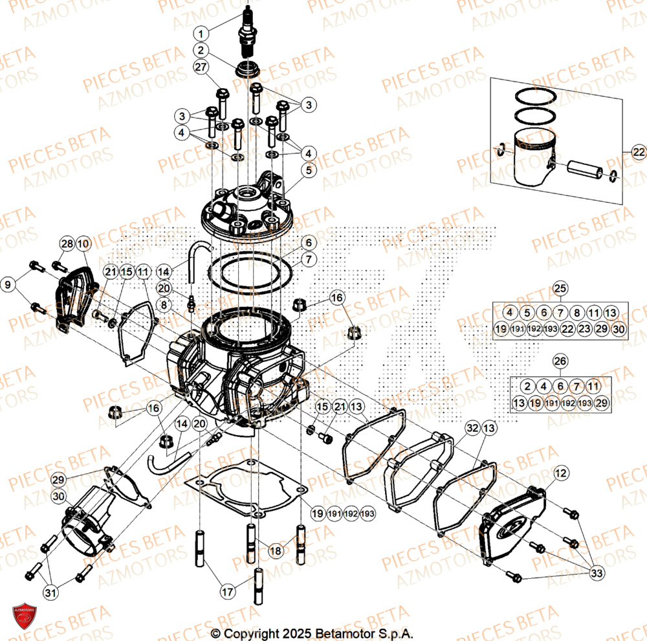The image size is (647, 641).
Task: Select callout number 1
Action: tap(202, 33)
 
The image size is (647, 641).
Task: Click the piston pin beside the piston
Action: tap(584, 170)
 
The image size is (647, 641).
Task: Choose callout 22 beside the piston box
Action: tap(638, 152)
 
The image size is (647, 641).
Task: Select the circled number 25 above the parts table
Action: tap(560, 288)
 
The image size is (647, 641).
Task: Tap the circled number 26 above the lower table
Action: tap(560, 361)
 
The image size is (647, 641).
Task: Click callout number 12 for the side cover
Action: tap(560, 473)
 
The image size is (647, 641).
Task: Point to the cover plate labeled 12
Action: tap(514, 524)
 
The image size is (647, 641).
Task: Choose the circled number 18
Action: tap(276, 550)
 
